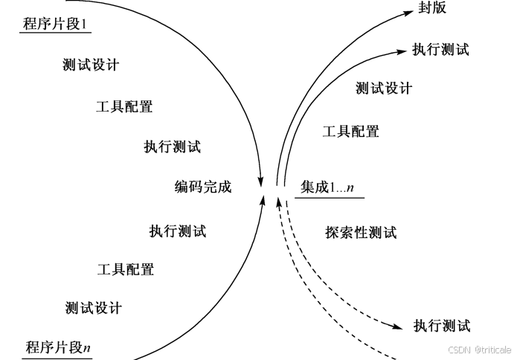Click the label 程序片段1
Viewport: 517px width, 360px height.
point(57,23)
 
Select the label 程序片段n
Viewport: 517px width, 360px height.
point(58,346)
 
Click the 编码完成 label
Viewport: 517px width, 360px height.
point(203,187)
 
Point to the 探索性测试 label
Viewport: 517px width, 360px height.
point(361,232)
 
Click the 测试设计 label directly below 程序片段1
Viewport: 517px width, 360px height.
point(91,65)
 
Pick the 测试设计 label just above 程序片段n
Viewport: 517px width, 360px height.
point(93,307)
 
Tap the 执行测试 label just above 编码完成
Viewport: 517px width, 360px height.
point(172,147)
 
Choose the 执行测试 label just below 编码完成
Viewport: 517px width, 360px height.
point(177,231)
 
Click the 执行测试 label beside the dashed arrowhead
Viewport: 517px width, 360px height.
point(442,325)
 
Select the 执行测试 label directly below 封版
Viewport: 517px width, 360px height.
point(441,50)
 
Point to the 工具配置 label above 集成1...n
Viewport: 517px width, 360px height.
point(350,132)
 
